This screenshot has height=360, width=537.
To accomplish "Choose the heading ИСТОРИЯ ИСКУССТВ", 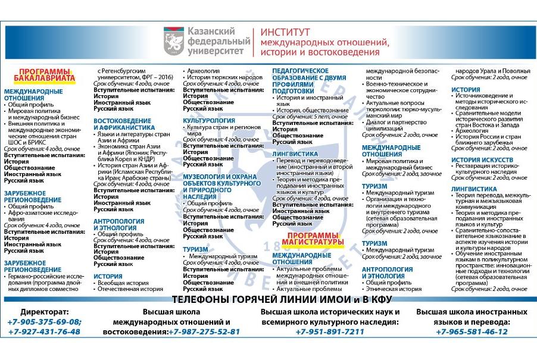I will pyautogui.click(x=482, y=159).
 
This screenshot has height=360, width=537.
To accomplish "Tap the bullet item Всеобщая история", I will pyautogui.click(x=121, y=283).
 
